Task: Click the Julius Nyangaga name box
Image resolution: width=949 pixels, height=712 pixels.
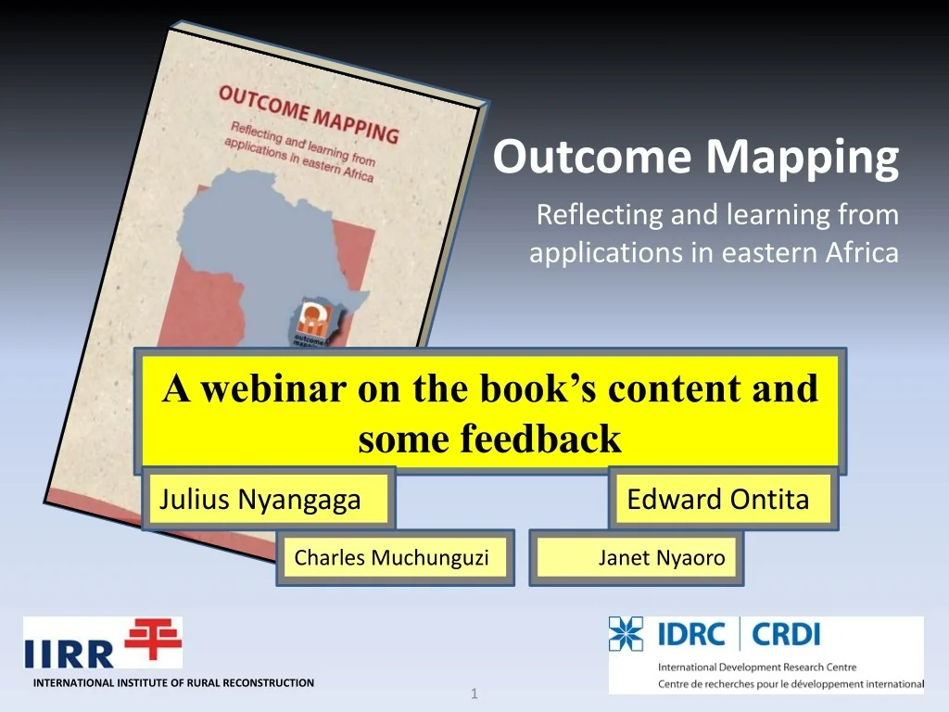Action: pos(268,499)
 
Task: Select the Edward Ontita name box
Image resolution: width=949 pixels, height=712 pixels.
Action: pos(723,499)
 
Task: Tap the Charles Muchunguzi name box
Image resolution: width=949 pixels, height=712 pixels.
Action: pos(395,557)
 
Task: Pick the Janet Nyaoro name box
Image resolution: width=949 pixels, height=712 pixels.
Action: pos(636,557)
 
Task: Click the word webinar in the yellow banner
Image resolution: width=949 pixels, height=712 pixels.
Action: pos(274,388)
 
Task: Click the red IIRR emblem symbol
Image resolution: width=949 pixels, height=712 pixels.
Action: pos(153,639)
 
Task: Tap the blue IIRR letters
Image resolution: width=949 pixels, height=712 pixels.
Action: pos(69,654)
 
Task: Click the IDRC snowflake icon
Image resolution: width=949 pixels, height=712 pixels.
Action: pos(626,634)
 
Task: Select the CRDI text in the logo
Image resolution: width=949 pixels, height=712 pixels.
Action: pos(786,635)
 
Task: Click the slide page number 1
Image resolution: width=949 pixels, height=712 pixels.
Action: pos(474,693)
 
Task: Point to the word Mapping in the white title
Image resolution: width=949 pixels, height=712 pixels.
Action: pos(802,157)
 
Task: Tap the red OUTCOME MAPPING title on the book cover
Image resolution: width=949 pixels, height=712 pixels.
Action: pos(309,114)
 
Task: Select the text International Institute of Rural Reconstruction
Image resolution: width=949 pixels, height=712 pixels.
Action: pos(173,683)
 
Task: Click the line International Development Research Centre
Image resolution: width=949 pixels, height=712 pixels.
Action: pos(757,667)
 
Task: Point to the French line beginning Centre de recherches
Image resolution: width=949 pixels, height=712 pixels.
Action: pos(791,684)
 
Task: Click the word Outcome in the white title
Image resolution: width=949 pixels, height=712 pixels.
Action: pos(592,157)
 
